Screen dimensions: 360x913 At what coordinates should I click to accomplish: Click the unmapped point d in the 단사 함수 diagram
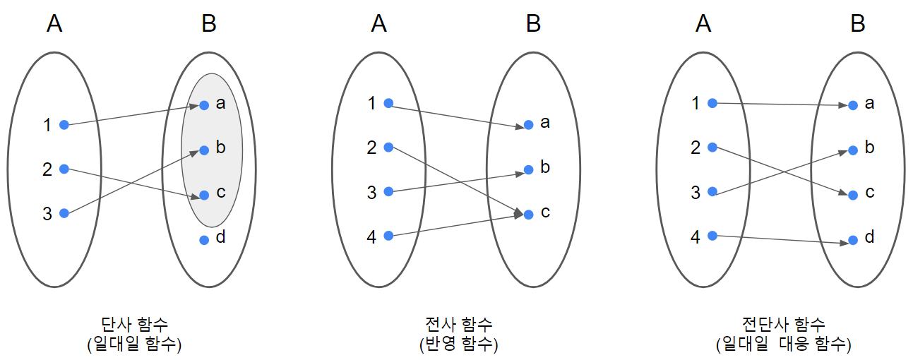(204, 240)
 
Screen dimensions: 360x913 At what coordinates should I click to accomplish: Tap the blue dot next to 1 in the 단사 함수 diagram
(64, 125)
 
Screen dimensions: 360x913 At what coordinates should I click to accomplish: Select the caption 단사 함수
(136, 325)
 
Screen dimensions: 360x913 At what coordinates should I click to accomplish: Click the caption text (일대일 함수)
(136, 344)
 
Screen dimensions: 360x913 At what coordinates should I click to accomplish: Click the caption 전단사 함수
(783, 325)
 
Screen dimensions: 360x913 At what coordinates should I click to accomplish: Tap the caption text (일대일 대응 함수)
(783, 344)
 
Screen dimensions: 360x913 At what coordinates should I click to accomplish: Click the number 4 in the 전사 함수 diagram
(372, 237)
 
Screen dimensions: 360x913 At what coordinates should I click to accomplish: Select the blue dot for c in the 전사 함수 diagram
(528, 213)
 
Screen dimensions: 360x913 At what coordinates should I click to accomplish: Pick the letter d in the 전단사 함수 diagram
(869, 237)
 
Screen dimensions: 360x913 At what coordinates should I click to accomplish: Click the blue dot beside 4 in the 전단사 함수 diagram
(712, 236)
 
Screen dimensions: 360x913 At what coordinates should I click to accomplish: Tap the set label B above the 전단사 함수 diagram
(858, 24)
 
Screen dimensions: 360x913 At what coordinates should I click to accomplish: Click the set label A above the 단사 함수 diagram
(54, 24)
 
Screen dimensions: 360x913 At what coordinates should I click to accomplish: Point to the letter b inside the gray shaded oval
(221, 148)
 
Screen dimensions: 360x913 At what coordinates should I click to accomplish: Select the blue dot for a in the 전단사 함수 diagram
(853, 105)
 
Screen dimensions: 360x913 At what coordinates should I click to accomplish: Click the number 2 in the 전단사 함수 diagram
(696, 148)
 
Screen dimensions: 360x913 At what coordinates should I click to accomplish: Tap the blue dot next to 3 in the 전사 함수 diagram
(388, 191)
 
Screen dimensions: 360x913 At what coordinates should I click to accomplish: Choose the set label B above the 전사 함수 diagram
(534, 24)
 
